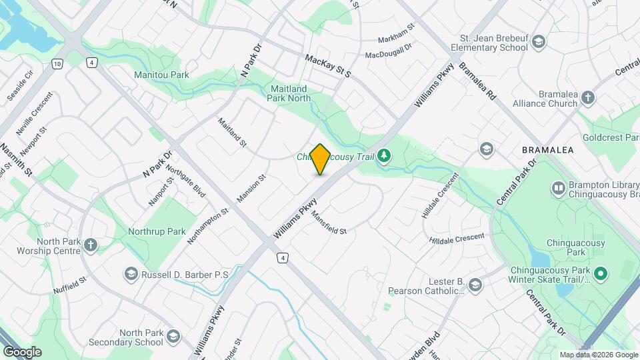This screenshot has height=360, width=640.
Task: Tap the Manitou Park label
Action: (161, 75)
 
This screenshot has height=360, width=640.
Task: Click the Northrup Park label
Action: (157, 231)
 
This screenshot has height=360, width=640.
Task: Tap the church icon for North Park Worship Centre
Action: (91, 245)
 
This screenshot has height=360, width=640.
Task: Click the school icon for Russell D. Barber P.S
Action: (131, 274)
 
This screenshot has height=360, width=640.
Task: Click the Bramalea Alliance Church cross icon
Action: (587, 98)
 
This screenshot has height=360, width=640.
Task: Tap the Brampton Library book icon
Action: (558, 189)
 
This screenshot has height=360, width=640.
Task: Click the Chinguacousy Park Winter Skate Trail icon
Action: (600, 274)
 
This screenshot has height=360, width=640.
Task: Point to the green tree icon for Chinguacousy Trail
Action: (384, 157)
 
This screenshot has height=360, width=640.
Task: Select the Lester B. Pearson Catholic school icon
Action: (475, 286)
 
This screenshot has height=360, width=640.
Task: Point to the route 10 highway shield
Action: (58, 63)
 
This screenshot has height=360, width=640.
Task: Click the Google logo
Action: (22, 351)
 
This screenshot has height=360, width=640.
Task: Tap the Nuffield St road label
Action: (70, 287)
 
